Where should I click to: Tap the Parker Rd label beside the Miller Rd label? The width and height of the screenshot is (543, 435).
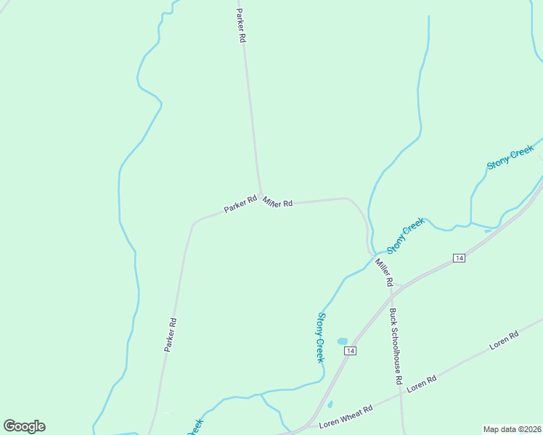pyautogui.click(x=240, y=204)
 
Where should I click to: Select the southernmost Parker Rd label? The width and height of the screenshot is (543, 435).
pyautogui.click(x=171, y=335)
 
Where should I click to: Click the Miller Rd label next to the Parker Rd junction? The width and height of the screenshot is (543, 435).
pyautogui.click(x=278, y=202)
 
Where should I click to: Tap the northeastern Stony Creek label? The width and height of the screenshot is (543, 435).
pyautogui.click(x=510, y=157)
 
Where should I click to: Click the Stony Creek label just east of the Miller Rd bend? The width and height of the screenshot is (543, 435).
pyautogui.click(x=405, y=236)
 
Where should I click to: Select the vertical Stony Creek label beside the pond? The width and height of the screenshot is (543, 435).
pyautogui.click(x=320, y=337)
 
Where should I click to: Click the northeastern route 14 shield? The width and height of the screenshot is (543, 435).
pyautogui.click(x=459, y=258)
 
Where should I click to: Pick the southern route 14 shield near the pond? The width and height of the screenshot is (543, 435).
pyautogui.click(x=351, y=351)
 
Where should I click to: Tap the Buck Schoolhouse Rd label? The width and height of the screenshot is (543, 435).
pyautogui.click(x=396, y=346)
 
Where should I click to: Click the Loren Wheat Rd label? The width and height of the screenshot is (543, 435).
pyautogui.click(x=348, y=413)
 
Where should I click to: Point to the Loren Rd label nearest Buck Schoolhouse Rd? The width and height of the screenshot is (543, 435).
pyautogui.click(x=421, y=384)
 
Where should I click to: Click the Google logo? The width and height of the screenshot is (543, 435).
pyautogui.click(x=25, y=426)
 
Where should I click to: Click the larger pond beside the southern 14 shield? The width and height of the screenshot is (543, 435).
pyautogui.click(x=342, y=341)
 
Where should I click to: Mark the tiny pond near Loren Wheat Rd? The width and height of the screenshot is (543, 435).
pyautogui.click(x=330, y=405)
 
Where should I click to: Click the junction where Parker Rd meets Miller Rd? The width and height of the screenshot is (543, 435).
pyautogui.click(x=261, y=194)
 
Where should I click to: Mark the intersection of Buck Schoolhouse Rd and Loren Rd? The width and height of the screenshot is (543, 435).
pyautogui.click(x=401, y=395)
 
